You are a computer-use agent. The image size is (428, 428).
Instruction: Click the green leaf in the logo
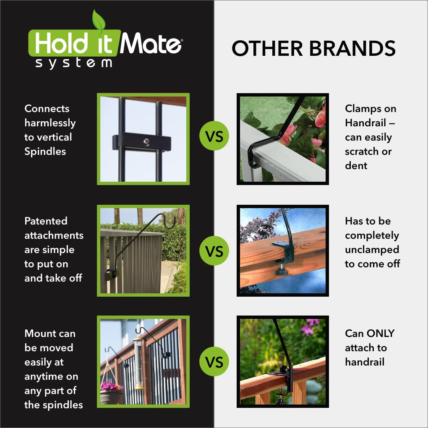(99, 21)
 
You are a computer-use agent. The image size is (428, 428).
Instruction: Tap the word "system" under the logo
(73, 63)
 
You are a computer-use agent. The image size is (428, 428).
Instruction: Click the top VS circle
(214, 136)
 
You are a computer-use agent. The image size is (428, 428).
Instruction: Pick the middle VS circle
(214, 251)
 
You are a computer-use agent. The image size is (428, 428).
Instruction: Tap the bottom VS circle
(214, 362)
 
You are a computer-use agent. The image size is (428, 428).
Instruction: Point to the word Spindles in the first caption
(45, 151)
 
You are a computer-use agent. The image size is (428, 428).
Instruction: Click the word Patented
(46, 221)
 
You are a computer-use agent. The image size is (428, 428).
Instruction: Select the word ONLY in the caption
(381, 334)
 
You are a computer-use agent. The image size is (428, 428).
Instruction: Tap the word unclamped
(372, 250)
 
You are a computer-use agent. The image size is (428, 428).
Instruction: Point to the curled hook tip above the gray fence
(170, 222)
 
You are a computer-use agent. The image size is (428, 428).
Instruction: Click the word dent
(356, 166)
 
